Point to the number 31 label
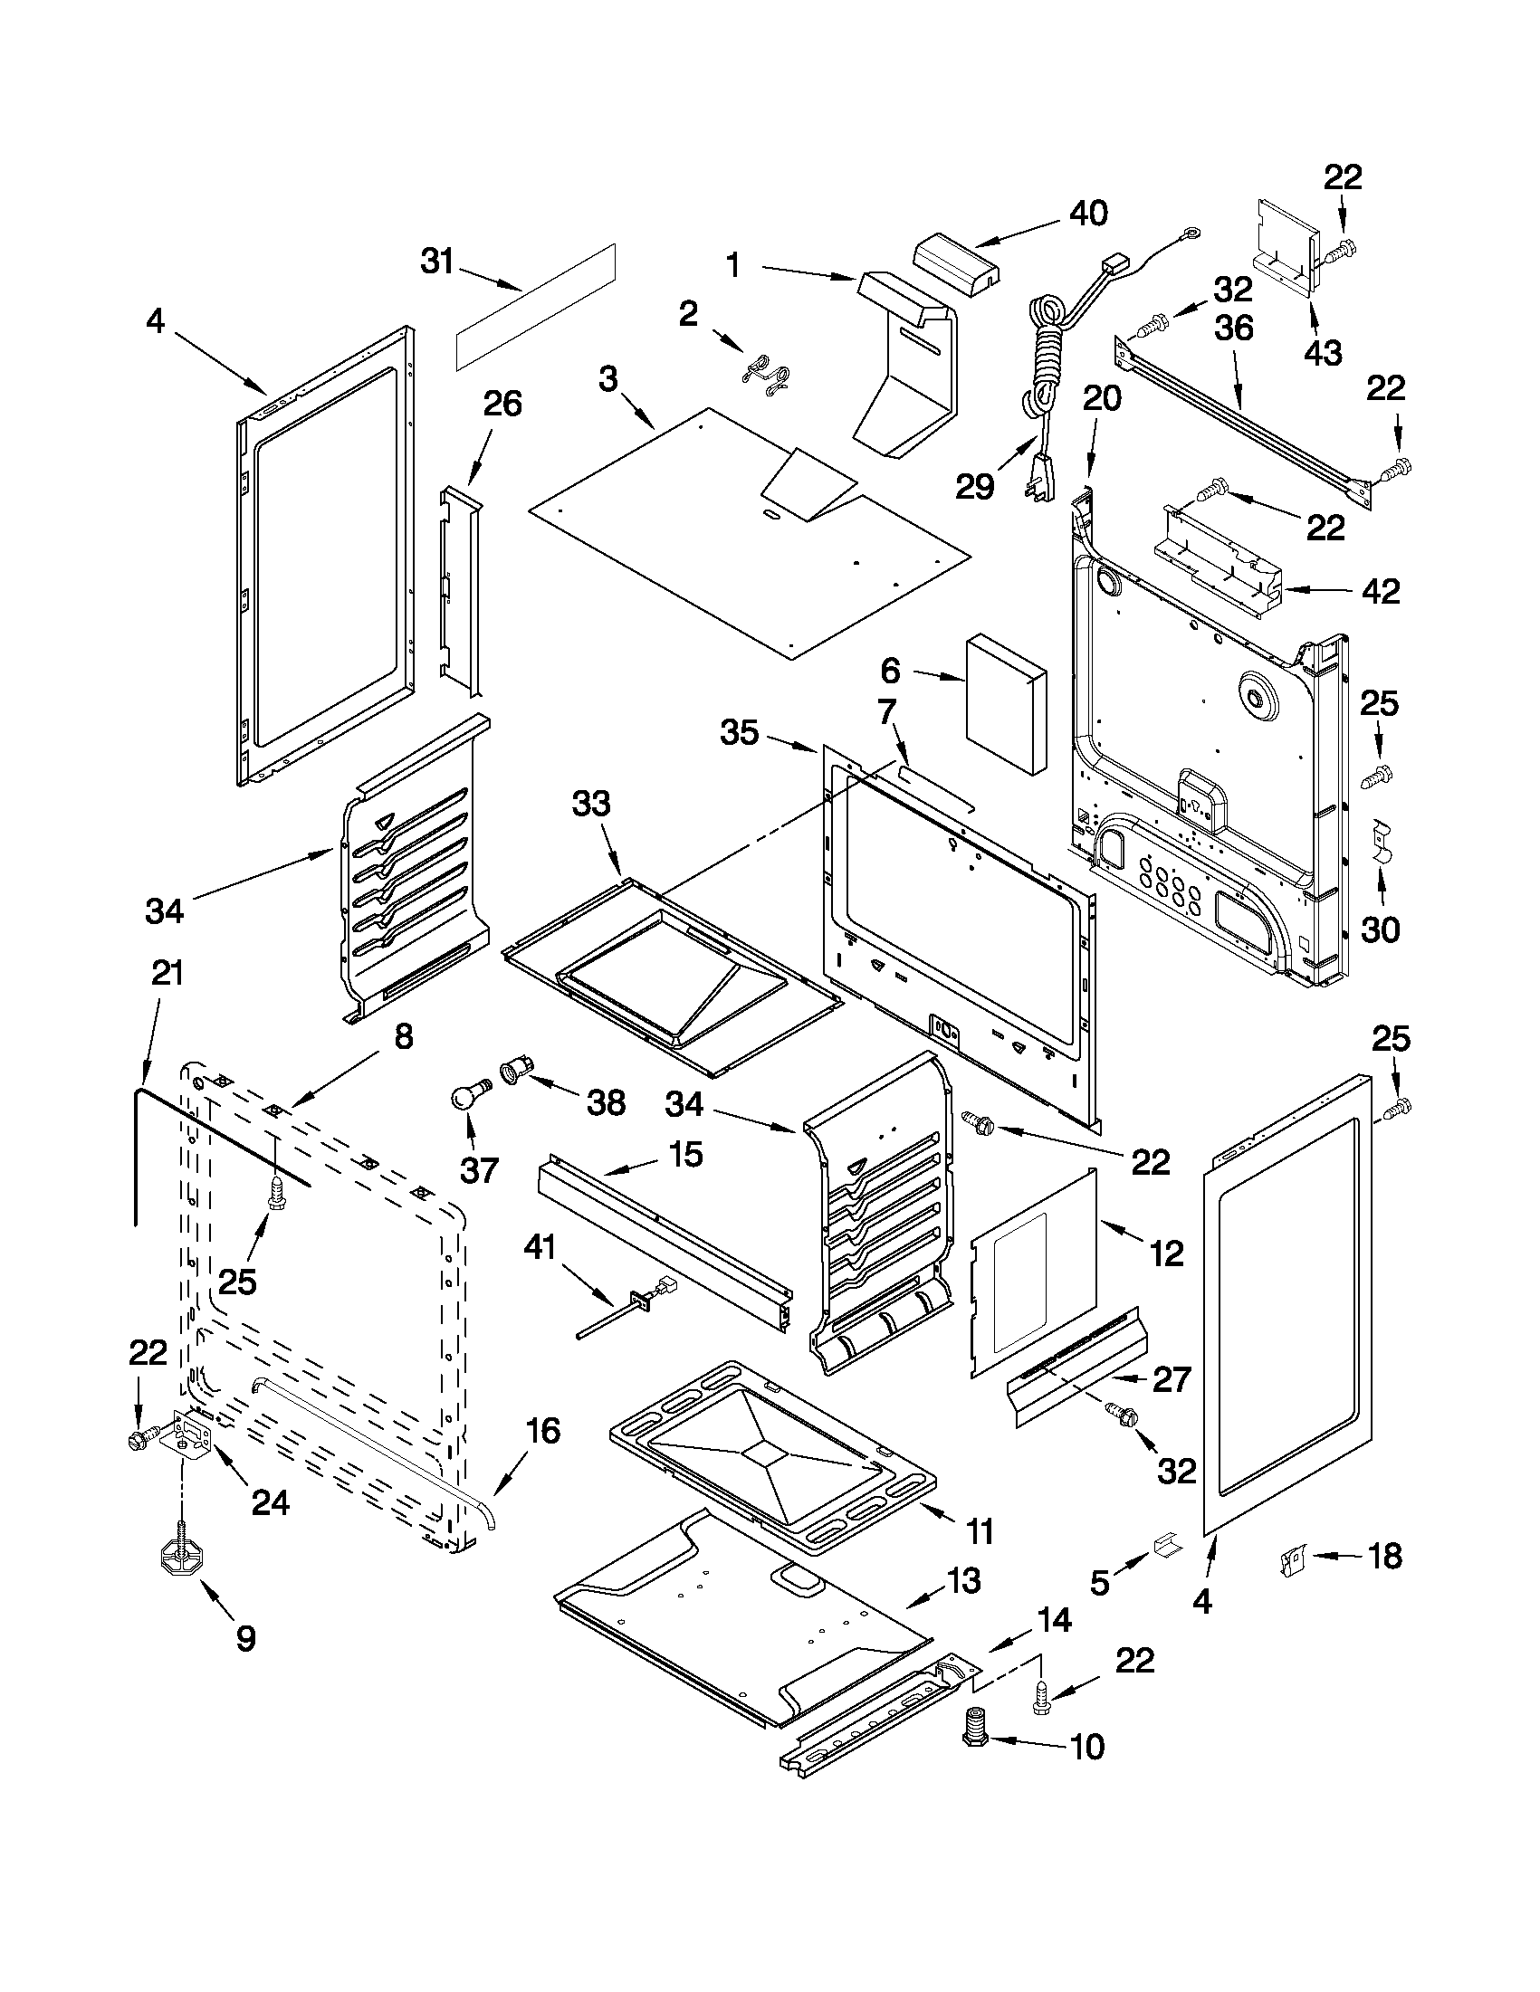(436, 262)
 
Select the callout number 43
(1323, 352)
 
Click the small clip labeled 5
(1167, 1545)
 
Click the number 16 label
(542, 1430)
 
